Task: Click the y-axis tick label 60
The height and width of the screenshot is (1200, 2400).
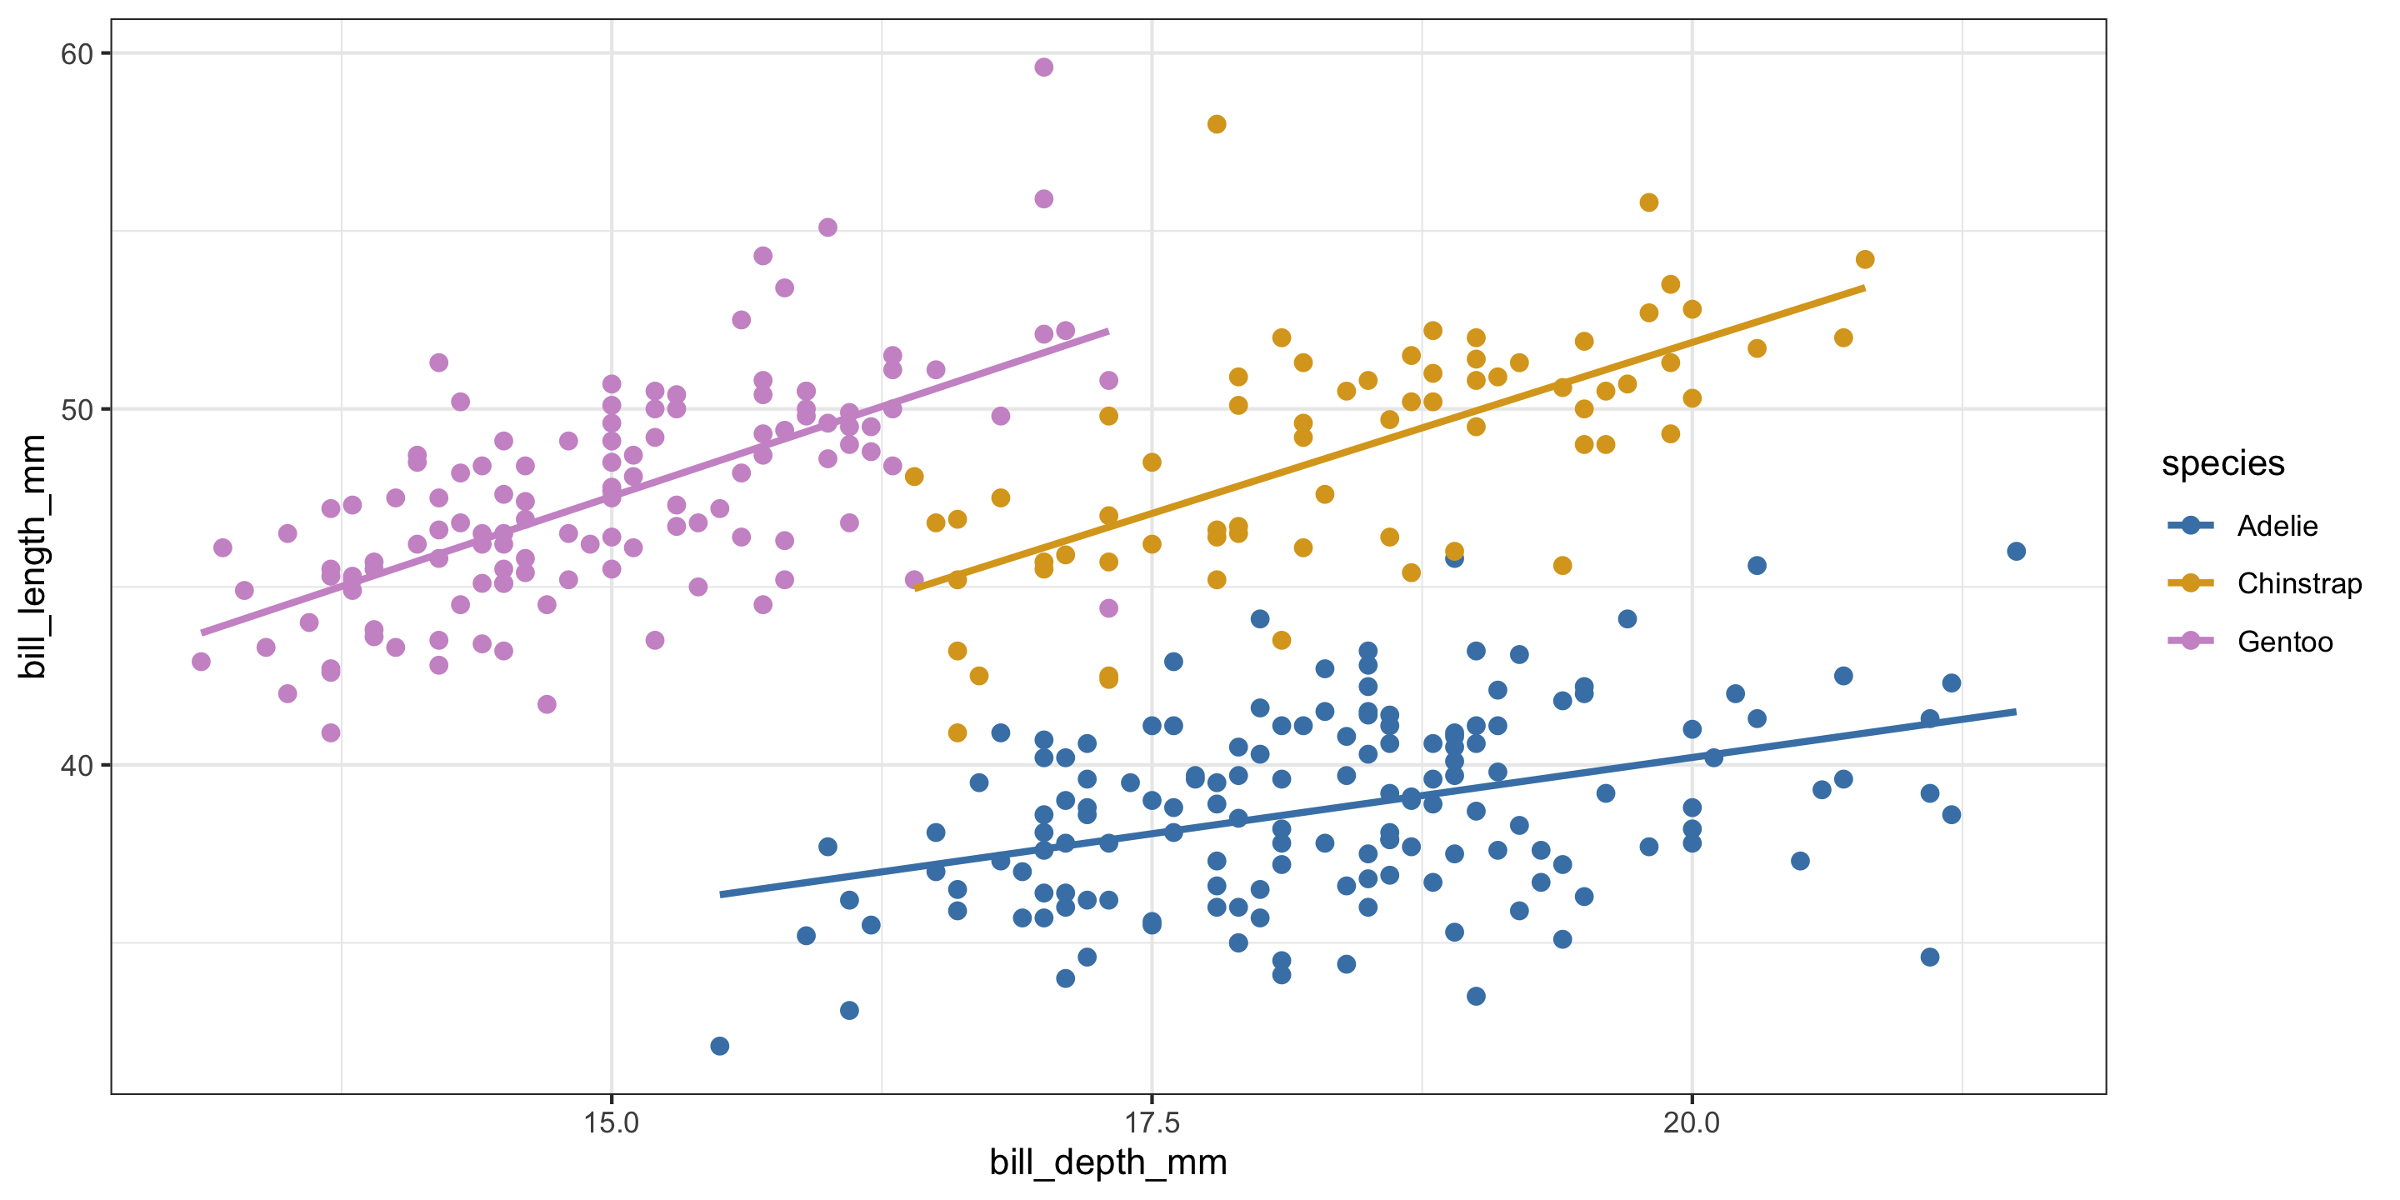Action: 77,54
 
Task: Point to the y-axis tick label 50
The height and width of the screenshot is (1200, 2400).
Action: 77,410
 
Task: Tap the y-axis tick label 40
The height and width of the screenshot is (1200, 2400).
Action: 77,766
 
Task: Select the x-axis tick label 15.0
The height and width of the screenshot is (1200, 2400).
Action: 611,1122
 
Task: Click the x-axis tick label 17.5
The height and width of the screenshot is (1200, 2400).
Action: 1152,1122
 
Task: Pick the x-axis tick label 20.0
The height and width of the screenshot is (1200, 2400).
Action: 1692,1122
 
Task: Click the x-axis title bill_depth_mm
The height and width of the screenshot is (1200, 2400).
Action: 1107,1162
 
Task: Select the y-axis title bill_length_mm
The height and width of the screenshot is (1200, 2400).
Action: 33,556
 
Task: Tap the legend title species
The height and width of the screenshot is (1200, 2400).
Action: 2223,463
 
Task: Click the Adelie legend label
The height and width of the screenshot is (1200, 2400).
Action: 2277,527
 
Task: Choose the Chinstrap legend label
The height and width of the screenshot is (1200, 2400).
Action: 2299,584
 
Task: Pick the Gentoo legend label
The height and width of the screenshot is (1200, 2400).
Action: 2284,642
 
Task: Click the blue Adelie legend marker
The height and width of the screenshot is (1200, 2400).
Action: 2190,526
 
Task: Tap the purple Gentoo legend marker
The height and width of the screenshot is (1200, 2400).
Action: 2190,641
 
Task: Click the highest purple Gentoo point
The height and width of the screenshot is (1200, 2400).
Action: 1043,67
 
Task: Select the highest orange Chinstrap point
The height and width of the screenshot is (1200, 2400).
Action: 1216,124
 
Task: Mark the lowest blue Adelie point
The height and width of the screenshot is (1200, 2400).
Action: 719,1047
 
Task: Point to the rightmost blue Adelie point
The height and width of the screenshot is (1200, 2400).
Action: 2016,552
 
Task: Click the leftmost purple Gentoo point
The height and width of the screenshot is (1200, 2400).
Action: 201,662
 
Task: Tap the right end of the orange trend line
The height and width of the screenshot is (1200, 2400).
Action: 1863,287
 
